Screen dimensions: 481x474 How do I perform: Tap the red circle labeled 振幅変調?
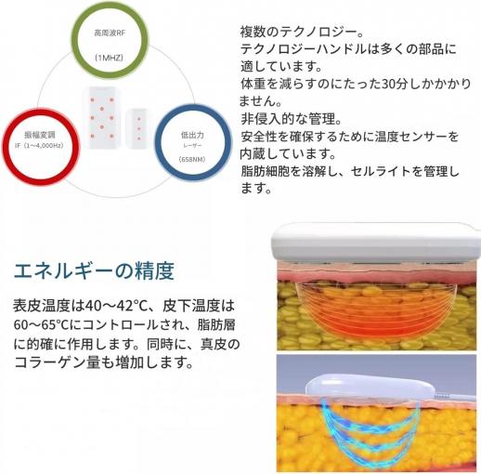[x=6, y=147]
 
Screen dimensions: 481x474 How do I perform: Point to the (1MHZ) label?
[x=109, y=58]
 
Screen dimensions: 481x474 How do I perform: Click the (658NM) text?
[x=192, y=159]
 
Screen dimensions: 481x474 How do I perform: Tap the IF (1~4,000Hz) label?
[x=39, y=145]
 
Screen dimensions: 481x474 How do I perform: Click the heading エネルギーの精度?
[x=94, y=270]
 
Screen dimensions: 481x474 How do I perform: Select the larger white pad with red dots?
[x=101, y=117]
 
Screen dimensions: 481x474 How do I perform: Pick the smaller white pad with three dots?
[x=138, y=128]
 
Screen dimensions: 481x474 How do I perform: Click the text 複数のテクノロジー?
[x=299, y=32]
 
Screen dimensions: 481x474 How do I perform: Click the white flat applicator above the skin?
[x=376, y=241]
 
